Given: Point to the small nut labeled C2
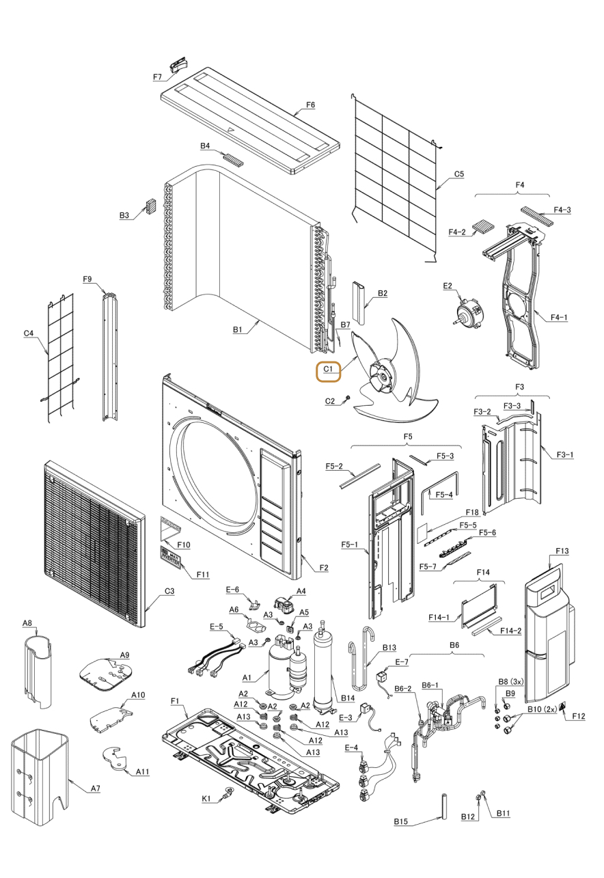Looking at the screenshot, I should coord(348,398).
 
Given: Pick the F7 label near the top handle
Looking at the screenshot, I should coord(157,77).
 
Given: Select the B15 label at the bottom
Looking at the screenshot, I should coord(401,821).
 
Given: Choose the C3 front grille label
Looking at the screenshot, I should coord(168,591).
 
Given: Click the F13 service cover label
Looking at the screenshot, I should coord(562,551).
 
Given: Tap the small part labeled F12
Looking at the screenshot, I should coord(563,706).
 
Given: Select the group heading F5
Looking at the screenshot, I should coord(408,436).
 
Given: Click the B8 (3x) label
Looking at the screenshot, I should coord(510,681).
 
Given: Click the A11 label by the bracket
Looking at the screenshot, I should coord(142,771).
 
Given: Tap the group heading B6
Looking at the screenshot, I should coord(454,644).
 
